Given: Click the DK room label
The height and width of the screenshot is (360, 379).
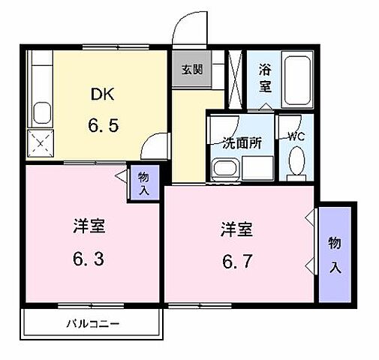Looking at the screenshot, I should [103, 94].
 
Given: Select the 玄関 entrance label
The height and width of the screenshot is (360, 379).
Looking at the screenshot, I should [191, 70].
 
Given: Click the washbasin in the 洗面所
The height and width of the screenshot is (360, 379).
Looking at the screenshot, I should [222, 168].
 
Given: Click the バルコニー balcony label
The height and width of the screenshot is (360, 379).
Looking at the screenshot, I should [93, 325].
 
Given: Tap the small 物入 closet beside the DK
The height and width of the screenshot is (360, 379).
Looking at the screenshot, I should [143, 182].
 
